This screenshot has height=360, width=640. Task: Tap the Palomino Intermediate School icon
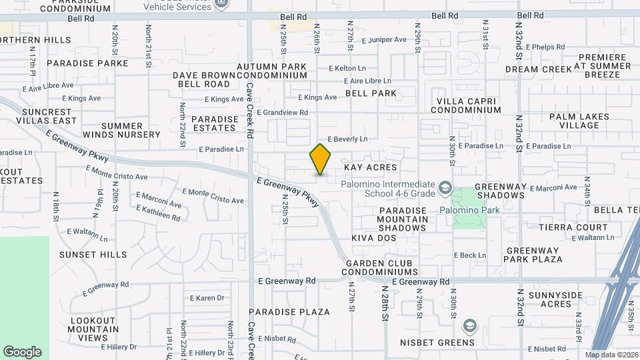pos(445,191)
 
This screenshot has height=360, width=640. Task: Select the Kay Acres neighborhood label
pos(370,167)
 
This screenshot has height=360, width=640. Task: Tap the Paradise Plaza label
pos(289,312)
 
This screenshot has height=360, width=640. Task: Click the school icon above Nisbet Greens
pos(469,326)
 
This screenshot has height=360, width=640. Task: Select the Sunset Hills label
pos(93,255)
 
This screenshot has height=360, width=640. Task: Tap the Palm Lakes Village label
pos(575,121)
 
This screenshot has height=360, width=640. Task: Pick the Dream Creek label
pos(539,69)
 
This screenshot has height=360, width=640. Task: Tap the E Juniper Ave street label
pos(385,40)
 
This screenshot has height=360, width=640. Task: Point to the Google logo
pos(22,352)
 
